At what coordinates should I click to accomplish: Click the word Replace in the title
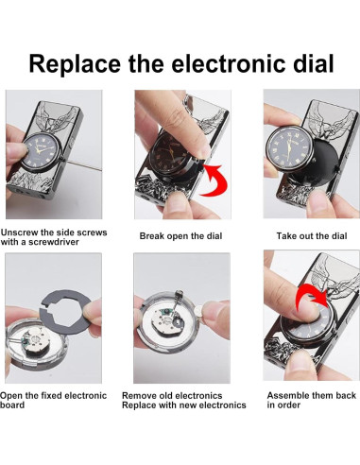(75, 64)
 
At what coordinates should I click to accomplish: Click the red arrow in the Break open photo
(214, 181)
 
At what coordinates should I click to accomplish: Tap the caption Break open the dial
(180, 236)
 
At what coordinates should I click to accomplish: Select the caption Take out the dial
(312, 236)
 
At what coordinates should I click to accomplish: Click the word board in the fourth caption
(12, 405)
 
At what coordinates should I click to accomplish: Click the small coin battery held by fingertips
(199, 310)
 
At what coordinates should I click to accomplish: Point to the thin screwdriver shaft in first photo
(84, 165)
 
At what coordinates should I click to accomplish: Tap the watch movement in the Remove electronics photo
(167, 322)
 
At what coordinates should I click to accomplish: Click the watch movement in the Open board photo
(36, 341)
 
